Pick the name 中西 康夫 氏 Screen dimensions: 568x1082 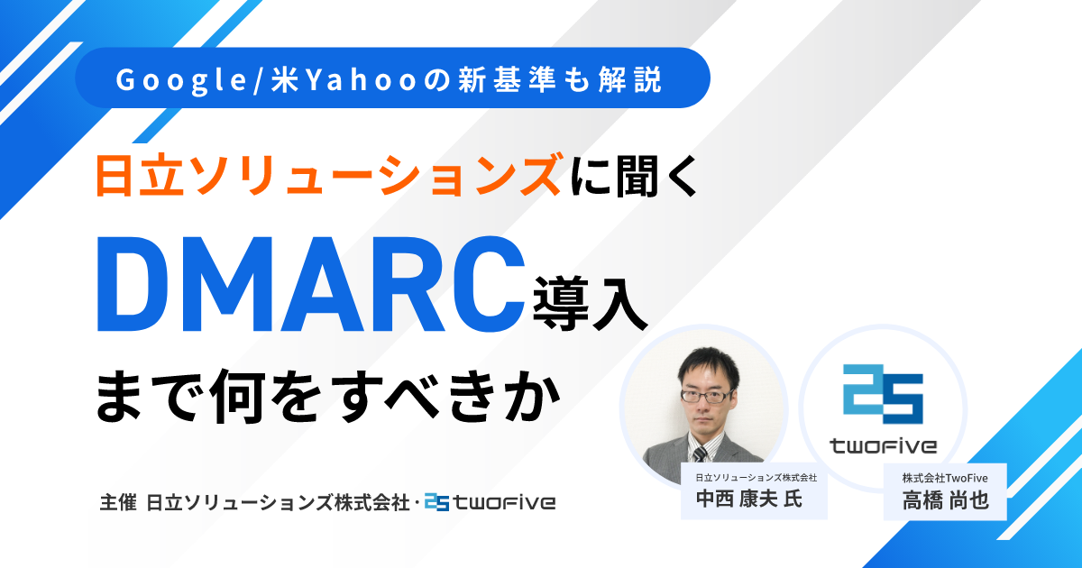pos(747,499)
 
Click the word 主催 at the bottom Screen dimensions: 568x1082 pos(118,501)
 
